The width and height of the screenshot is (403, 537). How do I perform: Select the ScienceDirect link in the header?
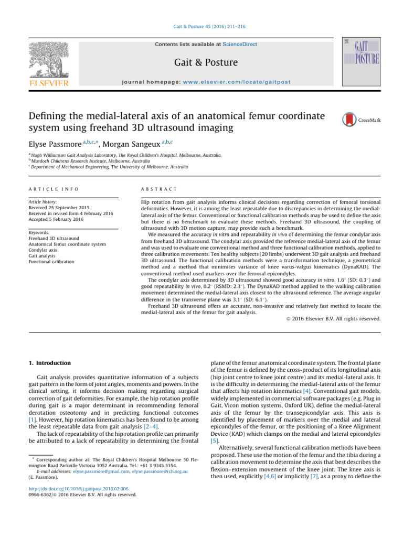point(240,45)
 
